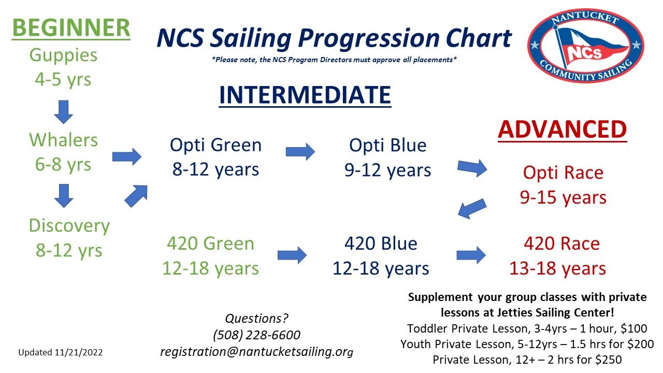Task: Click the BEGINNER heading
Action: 71,28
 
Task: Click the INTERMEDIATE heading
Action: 305,95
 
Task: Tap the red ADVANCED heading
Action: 563,130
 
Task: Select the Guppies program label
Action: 63,55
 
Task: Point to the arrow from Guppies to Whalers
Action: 64,112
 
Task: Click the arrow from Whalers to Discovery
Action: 64,196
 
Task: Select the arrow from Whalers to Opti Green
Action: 127,156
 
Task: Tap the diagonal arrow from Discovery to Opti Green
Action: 136,196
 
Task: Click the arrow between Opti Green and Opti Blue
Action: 300,152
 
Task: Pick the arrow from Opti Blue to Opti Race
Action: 472,168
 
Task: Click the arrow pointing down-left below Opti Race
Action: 472,209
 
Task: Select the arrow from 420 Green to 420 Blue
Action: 292,255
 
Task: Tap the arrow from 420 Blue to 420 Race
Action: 471,255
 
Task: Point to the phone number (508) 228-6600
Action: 256,335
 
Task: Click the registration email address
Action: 256,352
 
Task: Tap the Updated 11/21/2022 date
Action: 61,352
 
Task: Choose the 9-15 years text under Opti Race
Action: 563,198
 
